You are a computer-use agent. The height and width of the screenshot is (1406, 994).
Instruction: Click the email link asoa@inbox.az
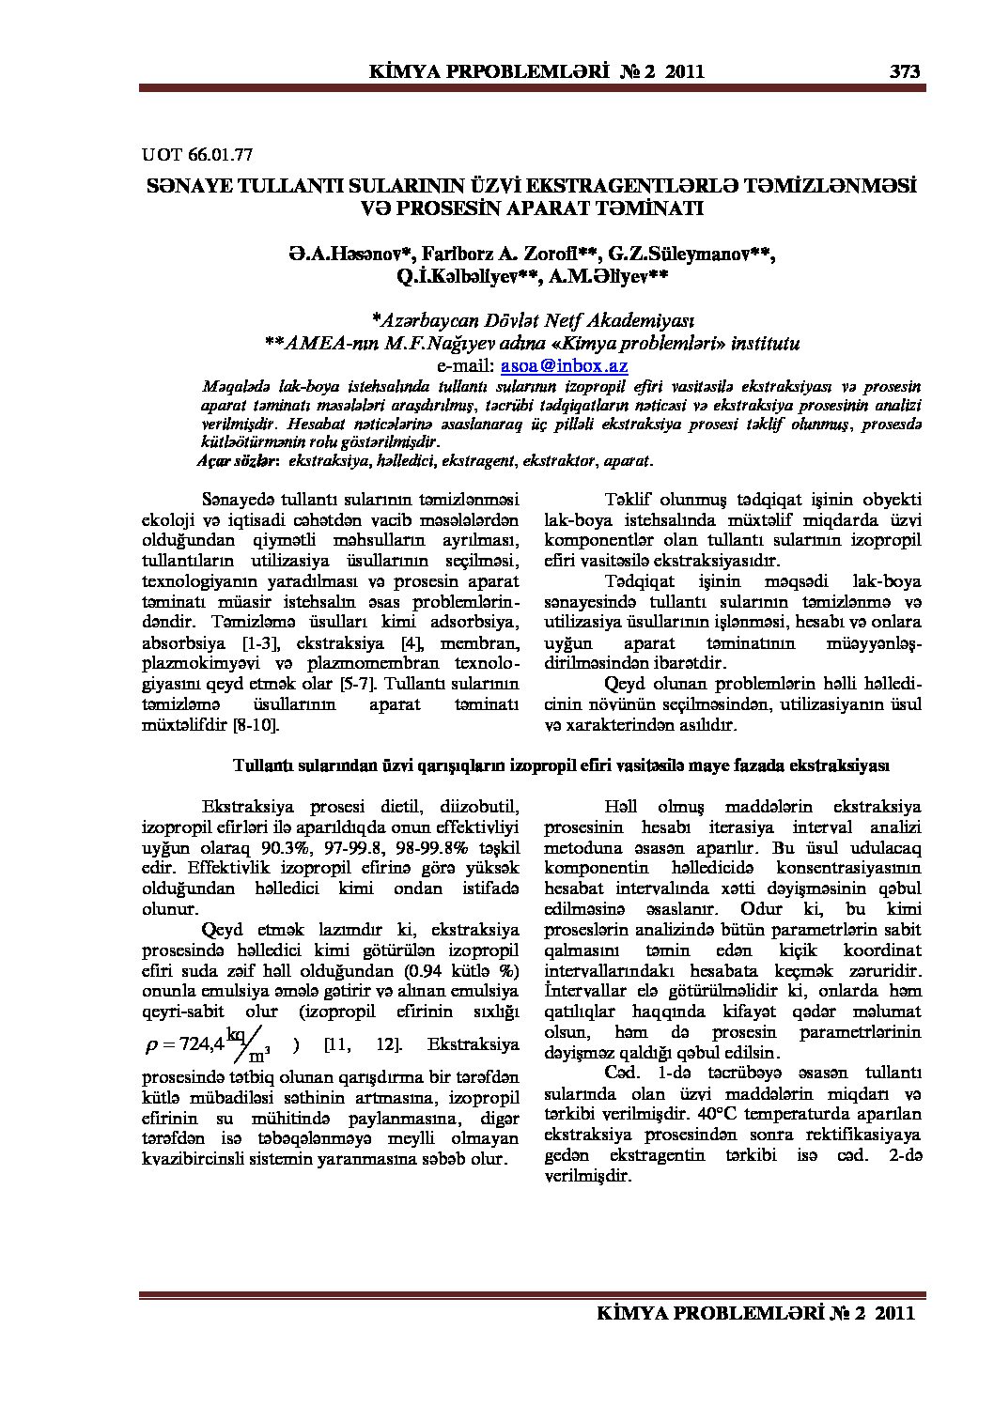tap(564, 365)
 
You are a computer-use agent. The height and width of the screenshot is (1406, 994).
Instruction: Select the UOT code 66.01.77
tap(222, 153)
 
